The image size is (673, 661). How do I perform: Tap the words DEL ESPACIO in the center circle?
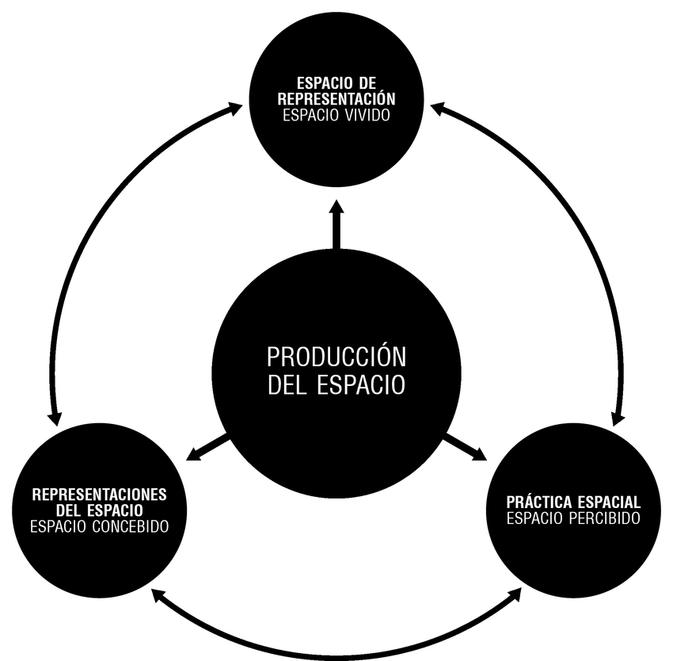pos(336,384)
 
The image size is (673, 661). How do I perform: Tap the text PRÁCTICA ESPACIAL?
pos(573,502)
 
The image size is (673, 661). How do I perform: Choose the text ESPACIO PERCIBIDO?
pos(573,518)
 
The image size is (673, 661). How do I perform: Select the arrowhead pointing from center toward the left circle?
pos(193,455)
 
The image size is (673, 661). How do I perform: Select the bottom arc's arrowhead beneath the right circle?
pos(515,595)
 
